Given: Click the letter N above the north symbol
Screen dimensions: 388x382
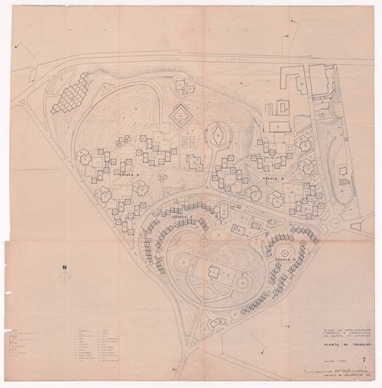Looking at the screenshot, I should [x=66, y=267].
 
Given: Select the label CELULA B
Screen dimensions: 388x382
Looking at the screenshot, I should [x=273, y=178].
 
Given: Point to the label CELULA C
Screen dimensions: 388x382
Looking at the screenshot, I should [x=180, y=217].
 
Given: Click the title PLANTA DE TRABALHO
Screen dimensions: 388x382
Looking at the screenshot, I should [x=345, y=344].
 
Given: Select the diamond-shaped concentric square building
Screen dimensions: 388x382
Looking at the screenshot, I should [x=181, y=115].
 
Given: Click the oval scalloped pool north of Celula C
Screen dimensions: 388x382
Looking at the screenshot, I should [x=219, y=136].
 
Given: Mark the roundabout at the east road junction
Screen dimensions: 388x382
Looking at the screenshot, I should [x=335, y=223].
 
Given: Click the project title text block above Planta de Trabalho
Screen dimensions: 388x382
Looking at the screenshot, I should [x=344, y=331].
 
